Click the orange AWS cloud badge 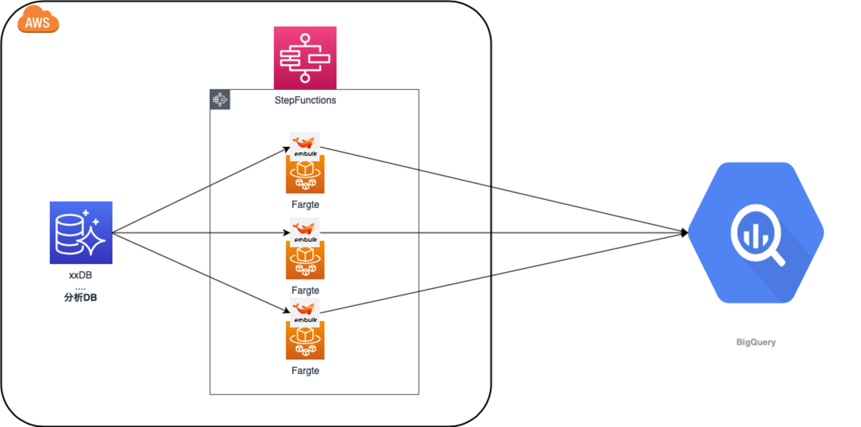38,22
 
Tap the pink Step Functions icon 305,58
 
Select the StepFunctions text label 305,101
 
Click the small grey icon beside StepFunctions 220,100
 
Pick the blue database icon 81,232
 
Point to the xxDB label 80,275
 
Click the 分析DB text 80,298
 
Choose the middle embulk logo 305,230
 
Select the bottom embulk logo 305,310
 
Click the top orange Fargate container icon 305,174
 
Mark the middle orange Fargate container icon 305,260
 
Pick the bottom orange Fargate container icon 305,340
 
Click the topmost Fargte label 305,205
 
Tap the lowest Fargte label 305,371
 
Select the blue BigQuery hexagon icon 756,232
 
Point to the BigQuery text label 756,342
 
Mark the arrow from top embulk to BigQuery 503,189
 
